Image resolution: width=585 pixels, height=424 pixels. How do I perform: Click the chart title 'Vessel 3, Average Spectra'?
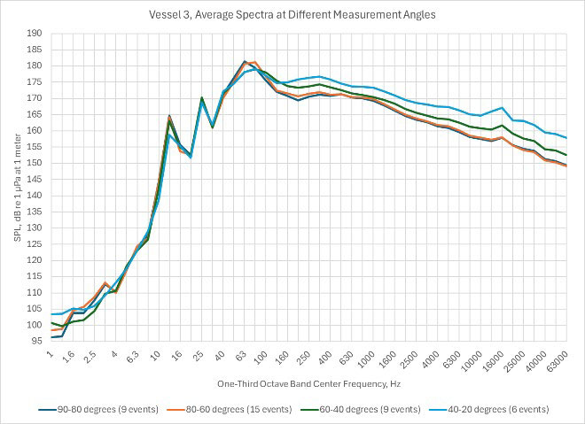(x=292, y=14)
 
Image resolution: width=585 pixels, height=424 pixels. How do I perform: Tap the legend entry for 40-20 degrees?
(x=485, y=409)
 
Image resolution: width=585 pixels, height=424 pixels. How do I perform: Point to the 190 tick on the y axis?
(x=35, y=34)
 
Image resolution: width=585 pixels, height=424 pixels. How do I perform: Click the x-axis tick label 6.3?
(x=131, y=358)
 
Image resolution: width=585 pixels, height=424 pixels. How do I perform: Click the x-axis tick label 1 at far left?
(x=52, y=354)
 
